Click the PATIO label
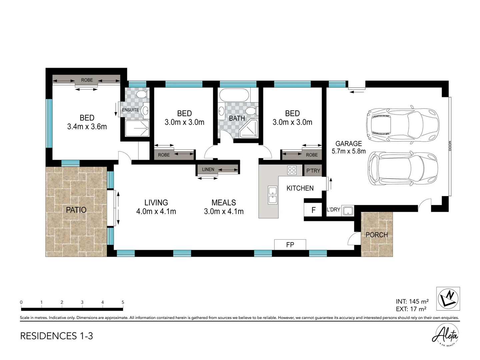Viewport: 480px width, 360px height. click(76, 210)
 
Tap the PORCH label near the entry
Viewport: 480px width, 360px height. click(377, 235)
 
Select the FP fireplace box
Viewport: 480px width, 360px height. click(290, 245)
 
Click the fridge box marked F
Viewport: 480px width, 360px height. click(313, 210)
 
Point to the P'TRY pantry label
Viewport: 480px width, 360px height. click(313, 170)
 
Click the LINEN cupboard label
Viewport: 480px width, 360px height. click(208, 169)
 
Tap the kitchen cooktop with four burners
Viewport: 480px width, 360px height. click(292, 170)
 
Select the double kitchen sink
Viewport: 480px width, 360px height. click(272, 195)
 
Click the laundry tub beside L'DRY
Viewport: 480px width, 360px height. click(347, 211)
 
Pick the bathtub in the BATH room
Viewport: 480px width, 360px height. click(234, 95)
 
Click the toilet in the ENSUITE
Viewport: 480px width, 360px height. click(142, 94)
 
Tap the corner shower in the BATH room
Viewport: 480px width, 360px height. click(249, 129)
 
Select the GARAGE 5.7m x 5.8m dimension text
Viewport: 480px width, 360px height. click(349, 147)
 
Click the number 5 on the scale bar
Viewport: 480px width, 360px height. click(123, 302)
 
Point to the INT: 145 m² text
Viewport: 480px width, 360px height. click(412, 301)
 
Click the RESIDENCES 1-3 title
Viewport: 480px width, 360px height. click(56, 336)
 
